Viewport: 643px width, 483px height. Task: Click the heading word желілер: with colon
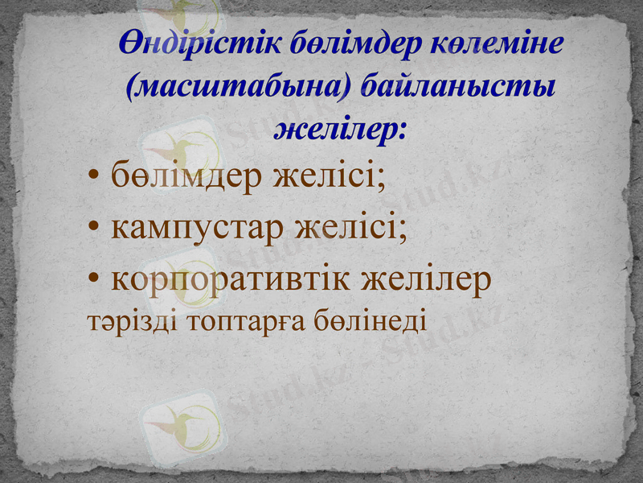(x=341, y=128)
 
